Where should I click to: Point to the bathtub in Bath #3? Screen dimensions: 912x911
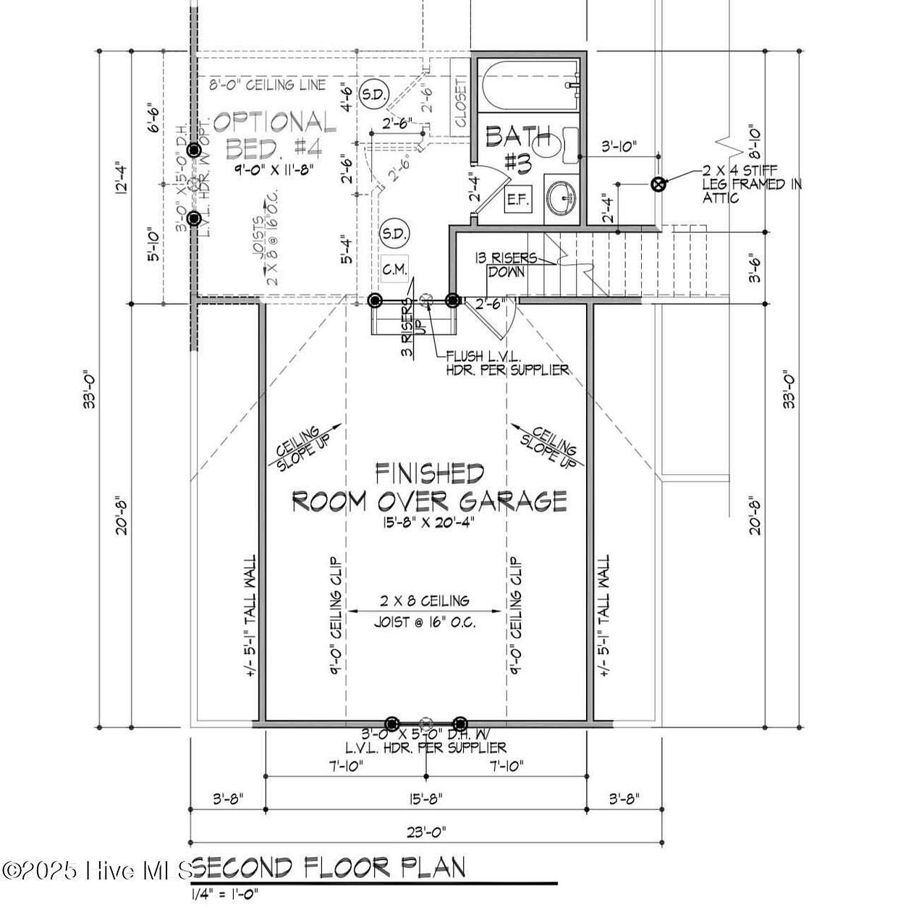[x=529, y=83]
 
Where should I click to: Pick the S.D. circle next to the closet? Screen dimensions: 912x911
[x=374, y=93]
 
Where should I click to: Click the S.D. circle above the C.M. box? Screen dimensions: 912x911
[x=394, y=233]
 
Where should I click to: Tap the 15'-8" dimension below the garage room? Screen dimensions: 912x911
[x=425, y=799]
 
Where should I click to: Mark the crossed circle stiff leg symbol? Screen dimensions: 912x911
[x=658, y=185]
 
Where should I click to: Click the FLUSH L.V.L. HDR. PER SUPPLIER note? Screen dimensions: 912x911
[x=507, y=363]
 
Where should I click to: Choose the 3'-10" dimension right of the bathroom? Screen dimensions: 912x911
[x=619, y=146]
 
